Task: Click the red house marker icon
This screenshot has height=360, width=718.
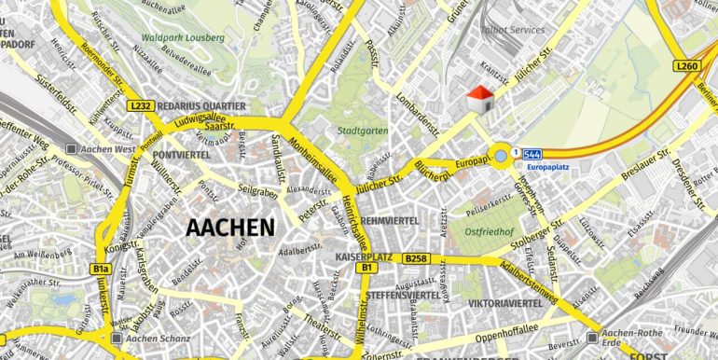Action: click(x=480, y=98)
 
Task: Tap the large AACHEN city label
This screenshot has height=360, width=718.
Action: click(x=231, y=227)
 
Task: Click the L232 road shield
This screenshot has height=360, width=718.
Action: click(x=142, y=106)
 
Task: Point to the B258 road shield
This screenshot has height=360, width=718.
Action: click(x=416, y=258)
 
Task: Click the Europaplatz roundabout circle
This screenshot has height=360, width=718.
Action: click(x=503, y=156)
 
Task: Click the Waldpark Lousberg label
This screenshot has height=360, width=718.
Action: click(x=183, y=38)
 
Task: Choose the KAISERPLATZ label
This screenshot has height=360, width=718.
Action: click(x=366, y=254)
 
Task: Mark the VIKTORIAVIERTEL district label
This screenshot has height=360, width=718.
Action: click(x=505, y=304)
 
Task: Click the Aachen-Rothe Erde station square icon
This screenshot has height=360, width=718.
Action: click(x=592, y=337)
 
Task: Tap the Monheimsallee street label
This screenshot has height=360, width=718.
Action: click(x=314, y=156)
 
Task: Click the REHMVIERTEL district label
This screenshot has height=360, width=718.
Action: click(x=389, y=221)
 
